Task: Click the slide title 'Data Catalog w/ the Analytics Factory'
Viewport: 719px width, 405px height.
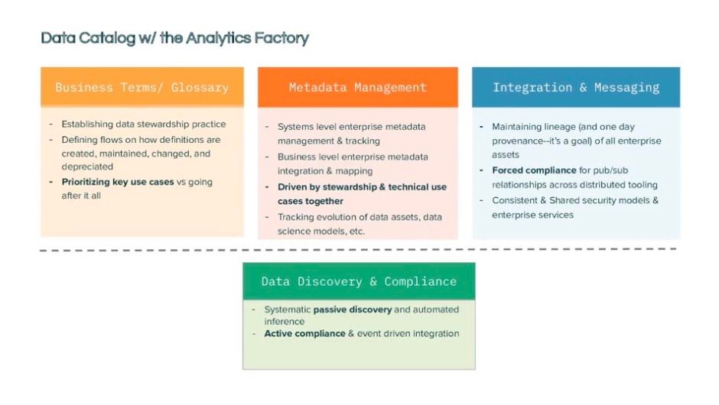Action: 174,38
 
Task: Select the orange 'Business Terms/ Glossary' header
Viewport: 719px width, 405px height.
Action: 142,87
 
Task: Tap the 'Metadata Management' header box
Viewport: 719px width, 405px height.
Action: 357,87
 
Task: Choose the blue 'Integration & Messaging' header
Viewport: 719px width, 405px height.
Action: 575,87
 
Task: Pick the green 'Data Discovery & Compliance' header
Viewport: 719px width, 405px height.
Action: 358,281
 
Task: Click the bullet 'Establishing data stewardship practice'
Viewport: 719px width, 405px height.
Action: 144,125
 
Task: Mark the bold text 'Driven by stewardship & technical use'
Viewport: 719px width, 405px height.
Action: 362,187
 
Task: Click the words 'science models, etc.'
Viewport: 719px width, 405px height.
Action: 321,231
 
